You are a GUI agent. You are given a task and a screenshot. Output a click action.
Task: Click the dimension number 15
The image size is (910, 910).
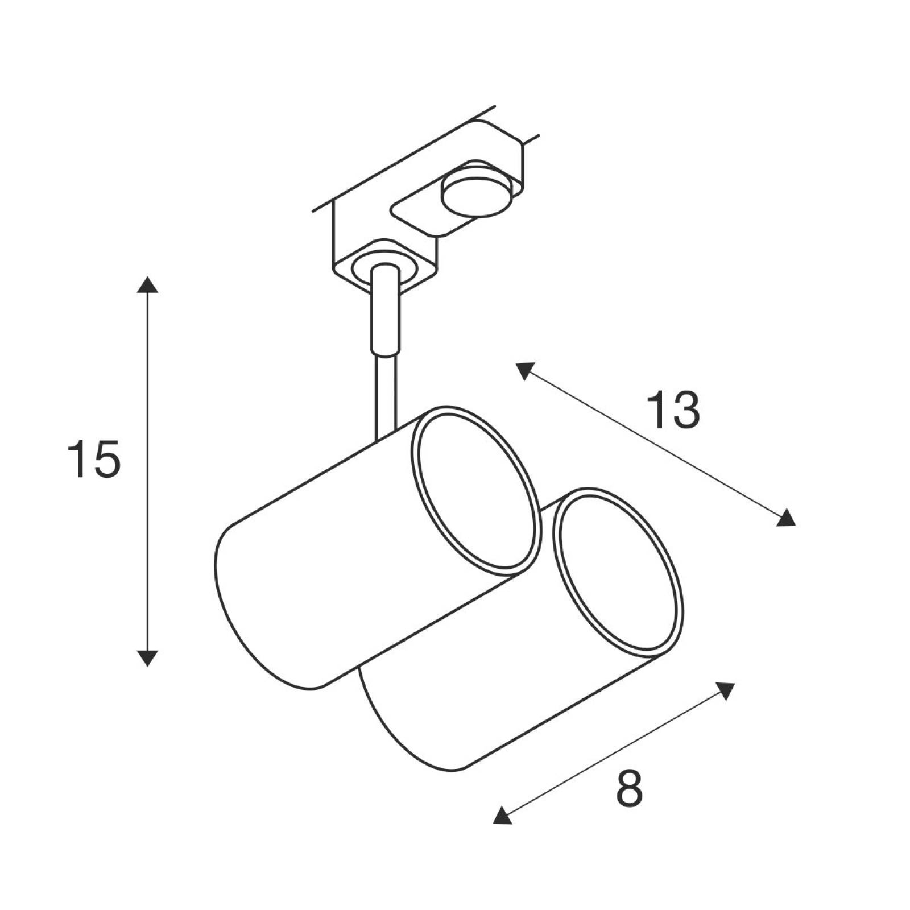pyautogui.click(x=94, y=458)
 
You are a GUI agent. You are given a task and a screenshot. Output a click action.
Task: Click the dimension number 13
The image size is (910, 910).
pyautogui.click(x=673, y=410)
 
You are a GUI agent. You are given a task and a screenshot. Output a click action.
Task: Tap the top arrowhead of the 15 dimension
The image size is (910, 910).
pyautogui.click(x=147, y=284)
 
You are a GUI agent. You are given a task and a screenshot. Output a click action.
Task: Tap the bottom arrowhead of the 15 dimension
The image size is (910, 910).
pyautogui.click(x=147, y=657)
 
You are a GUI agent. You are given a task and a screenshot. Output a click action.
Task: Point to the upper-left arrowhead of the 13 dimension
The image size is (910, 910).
pyautogui.click(x=524, y=371)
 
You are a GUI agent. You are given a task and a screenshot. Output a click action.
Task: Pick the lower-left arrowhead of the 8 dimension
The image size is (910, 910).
pyautogui.click(x=502, y=816)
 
